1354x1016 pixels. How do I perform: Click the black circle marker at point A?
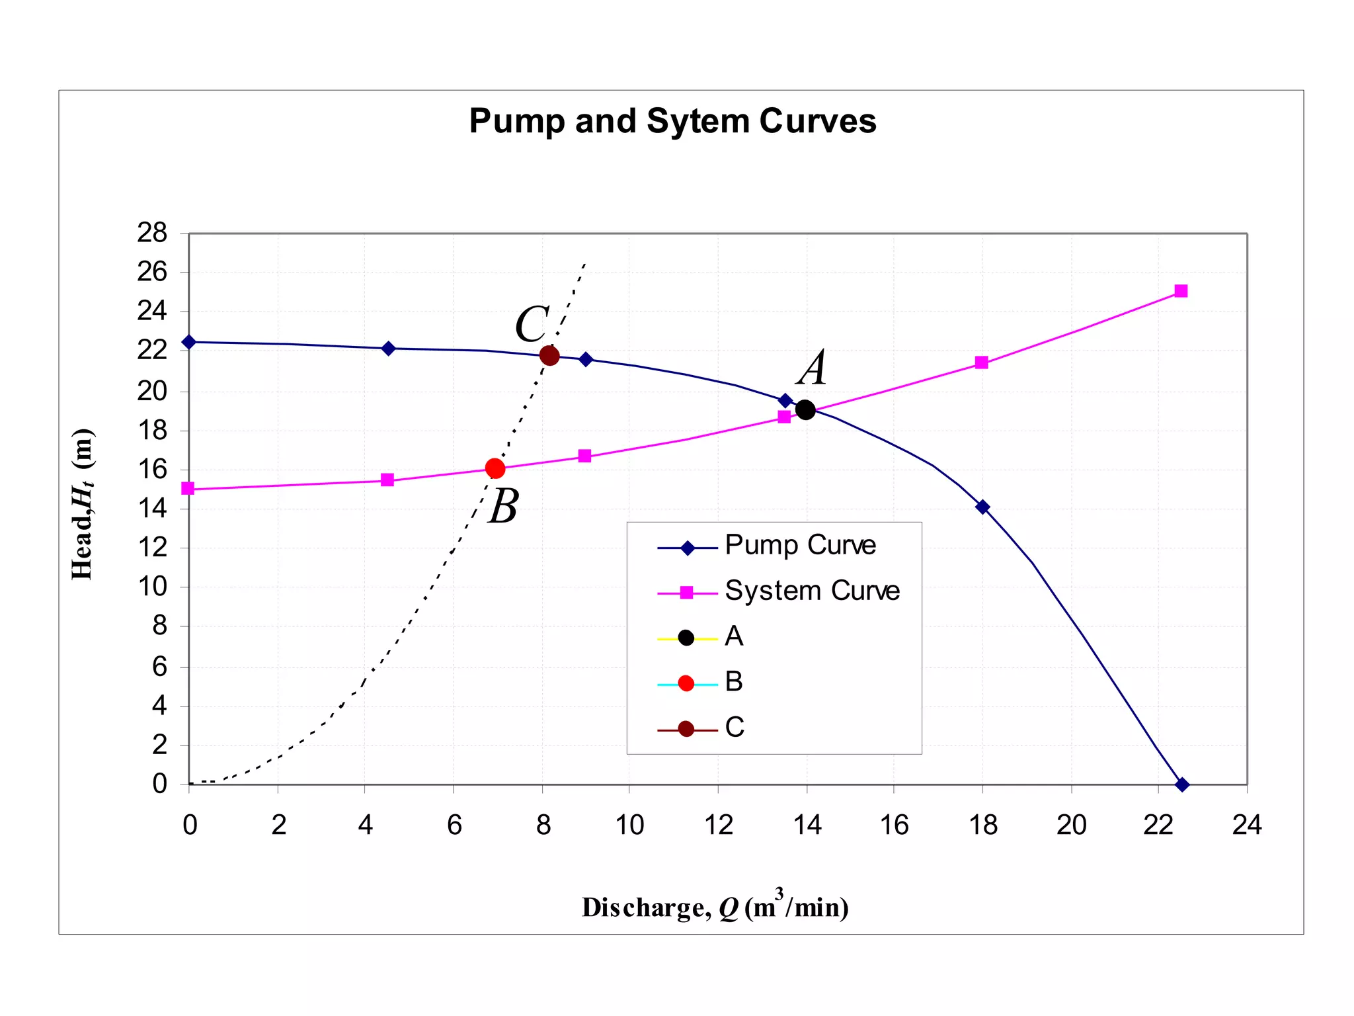click(805, 409)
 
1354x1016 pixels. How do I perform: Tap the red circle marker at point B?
click(495, 468)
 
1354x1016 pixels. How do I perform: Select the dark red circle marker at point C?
click(549, 356)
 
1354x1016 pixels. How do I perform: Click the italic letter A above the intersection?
click(813, 368)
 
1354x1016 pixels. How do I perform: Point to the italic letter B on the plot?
click(504, 507)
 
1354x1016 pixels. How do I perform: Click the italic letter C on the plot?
click(532, 325)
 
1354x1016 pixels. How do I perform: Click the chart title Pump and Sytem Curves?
click(672, 121)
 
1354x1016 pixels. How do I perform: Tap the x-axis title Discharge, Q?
click(715, 907)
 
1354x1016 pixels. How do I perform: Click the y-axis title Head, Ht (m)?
click(83, 504)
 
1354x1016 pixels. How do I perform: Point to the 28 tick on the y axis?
click(152, 233)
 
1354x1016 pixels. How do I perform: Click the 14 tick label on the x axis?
click(807, 825)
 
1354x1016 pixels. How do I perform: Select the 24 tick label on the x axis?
click(1246, 825)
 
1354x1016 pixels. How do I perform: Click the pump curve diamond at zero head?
click(1182, 784)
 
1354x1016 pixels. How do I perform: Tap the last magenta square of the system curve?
click(1181, 291)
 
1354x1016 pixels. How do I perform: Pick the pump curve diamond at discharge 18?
click(982, 507)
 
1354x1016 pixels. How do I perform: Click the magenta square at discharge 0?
click(188, 488)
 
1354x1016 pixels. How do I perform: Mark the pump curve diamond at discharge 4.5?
click(389, 349)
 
